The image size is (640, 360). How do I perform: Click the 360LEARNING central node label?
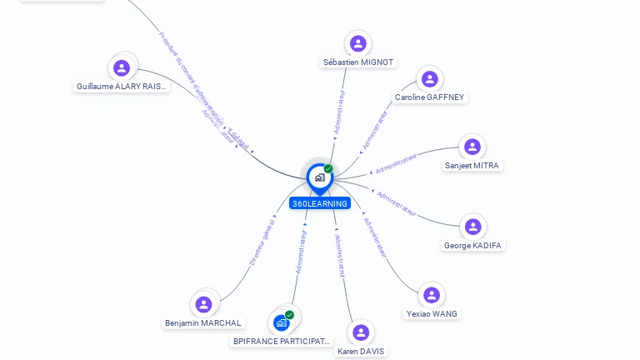click(x=320, y=203)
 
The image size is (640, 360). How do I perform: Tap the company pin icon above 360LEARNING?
click(x=319, y=177)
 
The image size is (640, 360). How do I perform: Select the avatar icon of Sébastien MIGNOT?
click(x=358, y=43)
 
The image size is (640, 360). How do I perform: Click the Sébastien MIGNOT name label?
click(x=358, y=62)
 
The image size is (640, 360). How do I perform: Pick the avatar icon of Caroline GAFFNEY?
click(x=429, y=79)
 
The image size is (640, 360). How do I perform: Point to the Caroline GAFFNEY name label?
click(x=430, y=97)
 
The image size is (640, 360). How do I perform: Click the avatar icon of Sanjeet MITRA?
click(x=472, y=147)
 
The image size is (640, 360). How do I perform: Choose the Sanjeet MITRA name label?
click(x=472, y=166)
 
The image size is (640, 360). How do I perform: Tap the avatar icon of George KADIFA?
click(x=473, y=227)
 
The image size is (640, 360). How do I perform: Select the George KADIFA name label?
click(x=473, y=246)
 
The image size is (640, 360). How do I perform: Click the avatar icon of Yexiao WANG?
click(x=432, y=295)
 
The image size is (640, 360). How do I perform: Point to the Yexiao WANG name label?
click(x=432, y=314)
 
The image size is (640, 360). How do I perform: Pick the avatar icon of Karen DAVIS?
click(x=361, y=332)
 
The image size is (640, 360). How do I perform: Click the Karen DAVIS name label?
click(x=361, y=352)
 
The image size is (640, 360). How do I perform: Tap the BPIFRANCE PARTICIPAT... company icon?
click(x=282, y=322)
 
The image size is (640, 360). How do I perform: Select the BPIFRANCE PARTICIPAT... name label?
click(x=282, y=342)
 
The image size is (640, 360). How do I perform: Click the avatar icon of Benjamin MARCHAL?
click(x=203, y=304)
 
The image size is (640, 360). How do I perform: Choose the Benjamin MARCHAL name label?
click(x=203, y=323)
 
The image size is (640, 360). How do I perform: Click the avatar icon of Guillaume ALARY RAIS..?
click(x=122, y=67)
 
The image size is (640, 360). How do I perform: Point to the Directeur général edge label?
click(x=262, y=241)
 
